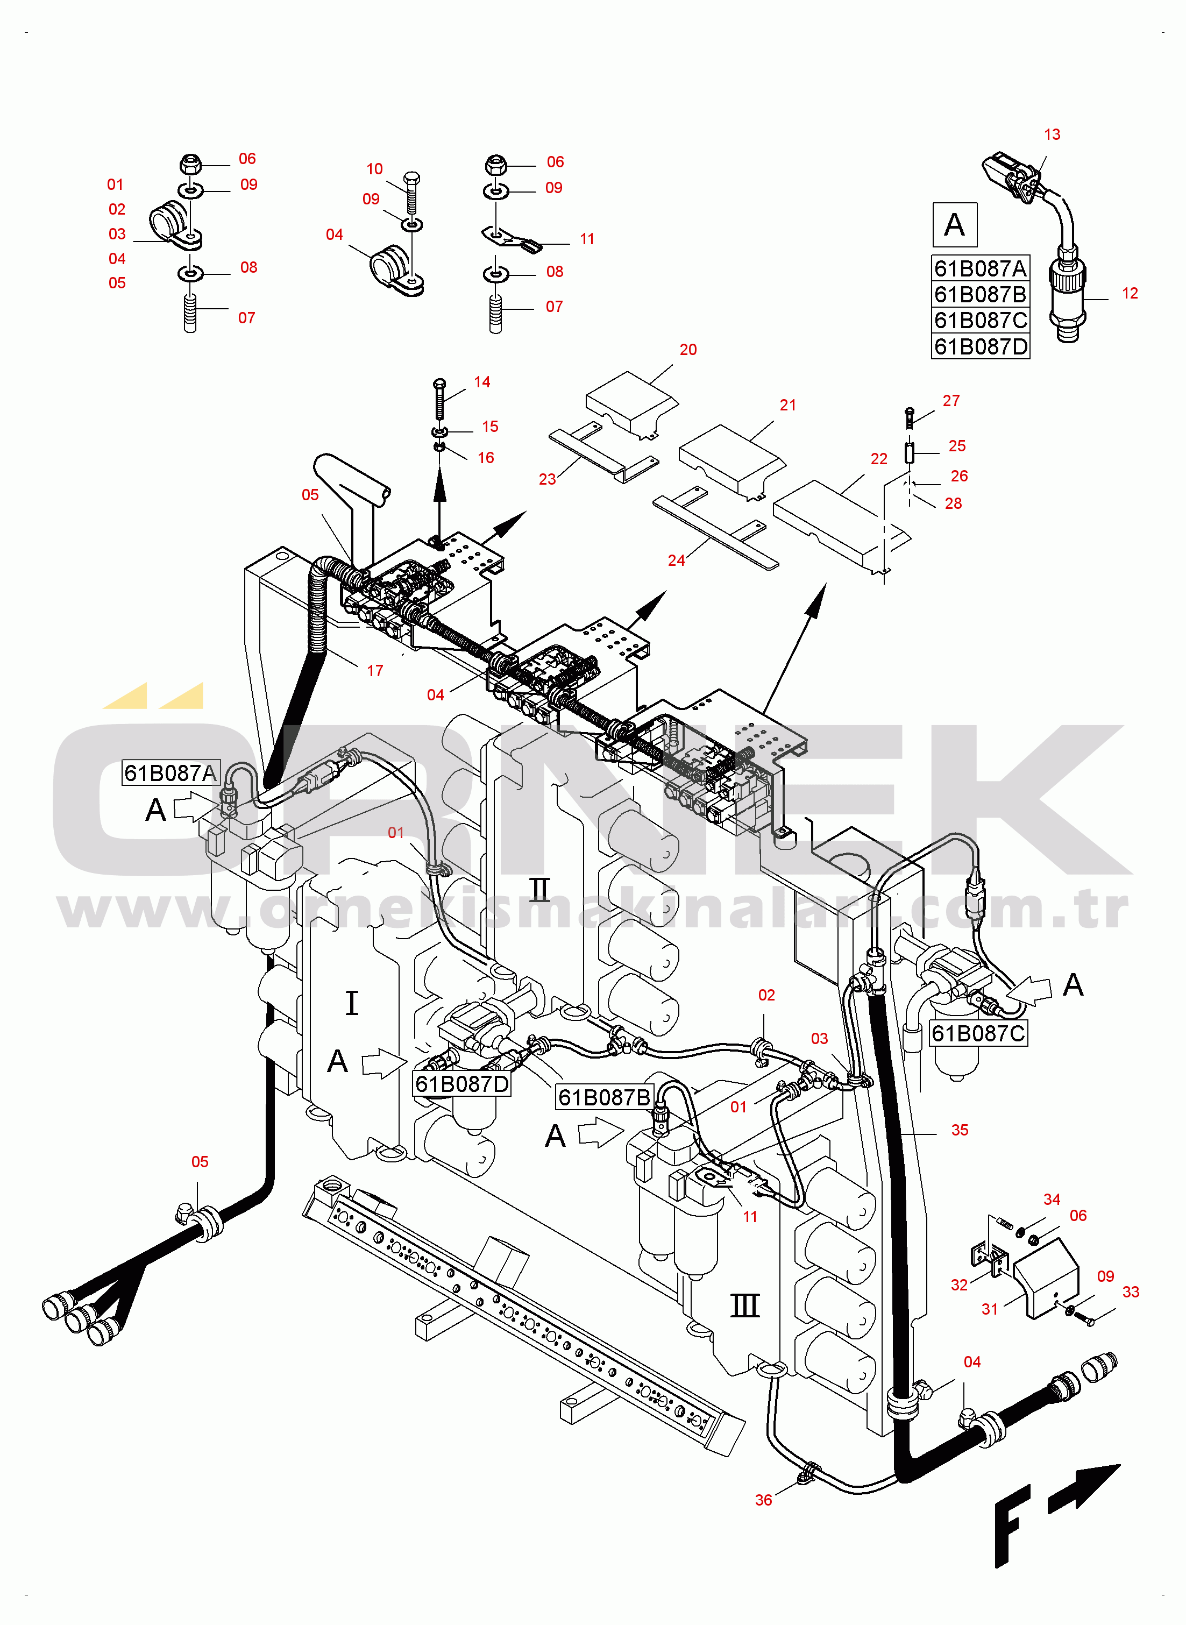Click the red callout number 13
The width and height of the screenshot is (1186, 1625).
click(1052, 135)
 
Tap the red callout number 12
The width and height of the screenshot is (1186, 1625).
click(1130, 294)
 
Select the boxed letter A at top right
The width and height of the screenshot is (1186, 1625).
click(954, 225)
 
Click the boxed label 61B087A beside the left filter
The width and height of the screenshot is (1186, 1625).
click(170, 773)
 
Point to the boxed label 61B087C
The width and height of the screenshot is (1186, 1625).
click(978, 1033)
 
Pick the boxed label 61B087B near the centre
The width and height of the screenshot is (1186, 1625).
click(605, 1097)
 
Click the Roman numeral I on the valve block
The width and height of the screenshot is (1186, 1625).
click(352, 1003)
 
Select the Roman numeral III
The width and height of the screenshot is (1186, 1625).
click(744, 1305)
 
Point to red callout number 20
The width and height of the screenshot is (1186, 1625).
click(688, 350)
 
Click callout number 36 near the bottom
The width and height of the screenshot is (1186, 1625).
click(763, 1500)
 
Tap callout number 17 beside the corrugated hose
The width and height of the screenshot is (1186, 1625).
click(375, 671)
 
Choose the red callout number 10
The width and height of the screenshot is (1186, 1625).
click(374, 169)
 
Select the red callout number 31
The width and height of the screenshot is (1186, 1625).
click(989, 1309)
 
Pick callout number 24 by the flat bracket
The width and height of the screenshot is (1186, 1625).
click(676, 560)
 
